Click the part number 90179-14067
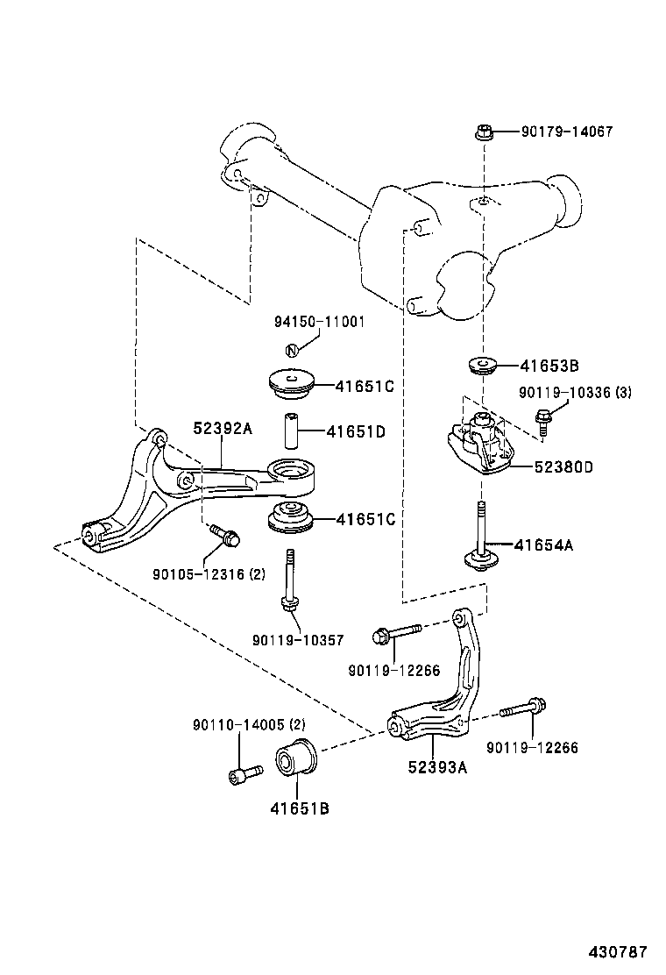click(566, 132)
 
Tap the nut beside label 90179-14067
click(484, 133)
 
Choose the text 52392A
click(223, 429)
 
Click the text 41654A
click(543, 545)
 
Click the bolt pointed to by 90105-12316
click(225, 535)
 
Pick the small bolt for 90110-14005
click(244, 773)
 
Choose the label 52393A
click(437, 767)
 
